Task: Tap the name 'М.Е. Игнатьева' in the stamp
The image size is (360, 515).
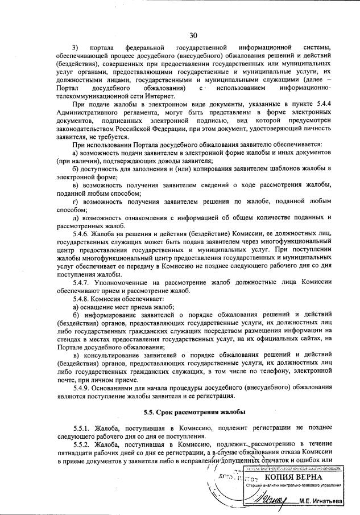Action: pos(326,501)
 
